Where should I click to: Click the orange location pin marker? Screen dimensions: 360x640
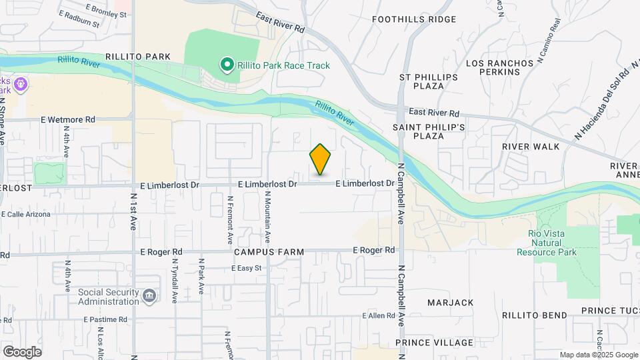tap(320, 159)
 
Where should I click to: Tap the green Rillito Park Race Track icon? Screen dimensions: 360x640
tap(227, 65)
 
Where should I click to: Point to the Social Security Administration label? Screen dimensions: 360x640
tap(109, 296)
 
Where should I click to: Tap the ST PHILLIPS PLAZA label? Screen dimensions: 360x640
tap(429, 81)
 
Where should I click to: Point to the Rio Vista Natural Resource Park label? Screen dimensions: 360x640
tap(547, 243)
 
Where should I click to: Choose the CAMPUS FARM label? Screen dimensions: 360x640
tap(269, 253)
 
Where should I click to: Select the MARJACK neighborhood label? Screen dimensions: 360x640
tap(451, 303)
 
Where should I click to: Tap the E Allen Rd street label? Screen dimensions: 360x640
tap(379, 315)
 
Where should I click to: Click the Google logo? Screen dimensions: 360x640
tap(22, 352)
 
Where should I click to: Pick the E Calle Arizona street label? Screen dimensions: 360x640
tap(26, 214)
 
